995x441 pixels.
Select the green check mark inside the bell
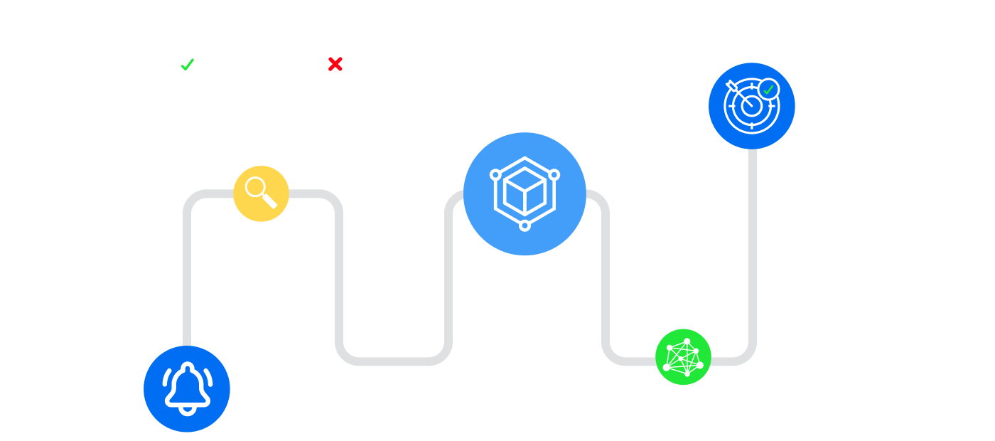point(188,65)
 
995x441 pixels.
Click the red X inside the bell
point(335,65)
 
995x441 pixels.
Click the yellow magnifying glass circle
point(261,193)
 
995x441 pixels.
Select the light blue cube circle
point(525,193)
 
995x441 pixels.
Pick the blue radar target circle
point(751,106)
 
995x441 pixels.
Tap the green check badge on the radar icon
point(768,90)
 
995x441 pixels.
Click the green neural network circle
point(683,356)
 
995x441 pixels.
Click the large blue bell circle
point(187,389)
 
